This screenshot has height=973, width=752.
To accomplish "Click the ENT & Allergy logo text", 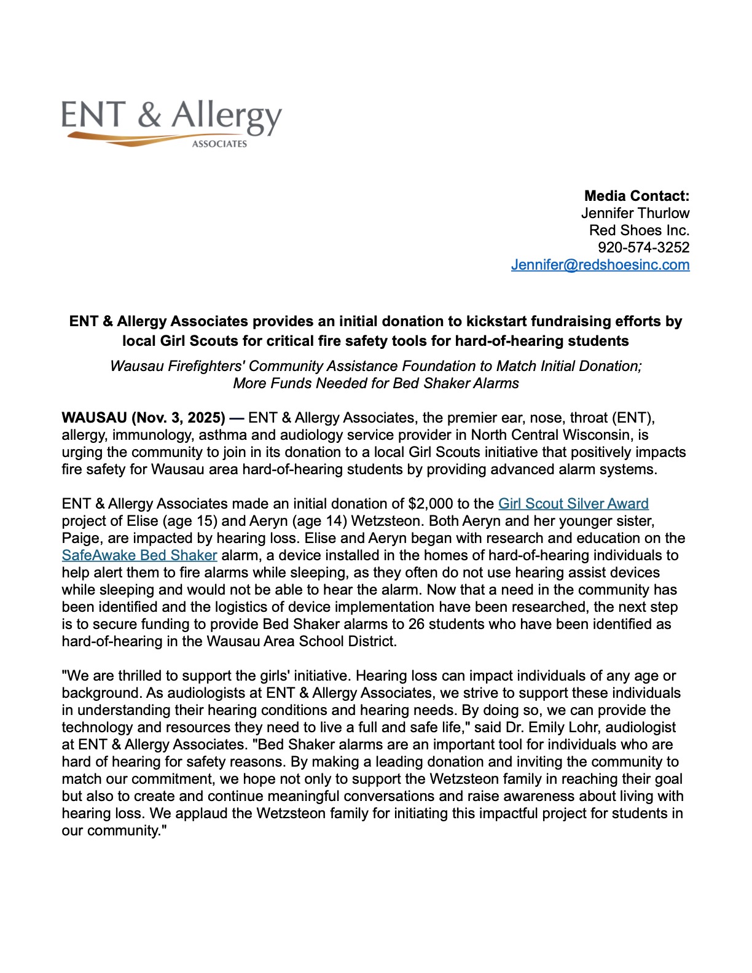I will click(171, 116).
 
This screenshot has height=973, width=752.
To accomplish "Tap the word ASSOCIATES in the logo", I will click(219, 144).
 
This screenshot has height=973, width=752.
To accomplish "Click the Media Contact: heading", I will click(636, 196).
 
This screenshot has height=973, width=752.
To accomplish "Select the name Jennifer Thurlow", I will click(635, 213).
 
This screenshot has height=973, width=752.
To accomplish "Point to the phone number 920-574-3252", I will click(643, 248).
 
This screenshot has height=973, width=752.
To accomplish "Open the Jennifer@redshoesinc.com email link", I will click(600, 265).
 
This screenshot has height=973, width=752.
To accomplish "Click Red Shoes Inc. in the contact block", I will click(639, 230).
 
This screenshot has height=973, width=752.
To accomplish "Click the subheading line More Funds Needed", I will click(375, 383).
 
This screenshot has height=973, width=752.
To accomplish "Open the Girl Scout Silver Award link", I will click(573, 504).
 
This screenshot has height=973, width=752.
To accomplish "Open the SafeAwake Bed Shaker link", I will click(139, 555).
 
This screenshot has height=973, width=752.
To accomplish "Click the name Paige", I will click(79, 538).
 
